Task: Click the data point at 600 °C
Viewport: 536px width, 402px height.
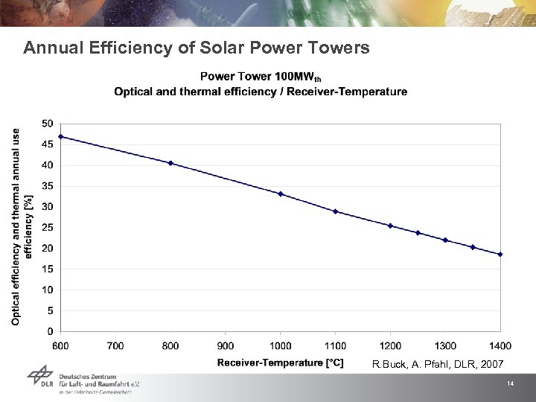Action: (61, 136)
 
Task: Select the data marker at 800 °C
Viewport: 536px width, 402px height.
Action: (170, 163)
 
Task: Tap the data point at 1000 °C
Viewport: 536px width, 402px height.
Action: (281, 194)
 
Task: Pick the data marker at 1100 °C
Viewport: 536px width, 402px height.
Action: (336, 211)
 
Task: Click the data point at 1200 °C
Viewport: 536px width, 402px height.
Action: (390, 226)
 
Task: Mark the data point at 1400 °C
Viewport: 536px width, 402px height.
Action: (500, 254)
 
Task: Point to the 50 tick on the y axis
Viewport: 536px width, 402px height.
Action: (46, 123)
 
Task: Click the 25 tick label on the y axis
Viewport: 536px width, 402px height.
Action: (46, 227)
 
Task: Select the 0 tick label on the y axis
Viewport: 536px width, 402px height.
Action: (49, 331)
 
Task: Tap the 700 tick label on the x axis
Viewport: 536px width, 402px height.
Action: (115, 345)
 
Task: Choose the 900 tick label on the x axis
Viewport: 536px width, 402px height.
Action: (226, 345)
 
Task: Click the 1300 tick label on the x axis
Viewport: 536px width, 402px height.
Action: (445, 345)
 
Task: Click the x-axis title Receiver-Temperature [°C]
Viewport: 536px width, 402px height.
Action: (280, 363)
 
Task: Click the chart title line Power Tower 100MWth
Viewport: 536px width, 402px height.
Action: (261, 77)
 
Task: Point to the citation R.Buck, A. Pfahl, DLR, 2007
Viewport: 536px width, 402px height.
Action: (437, 364)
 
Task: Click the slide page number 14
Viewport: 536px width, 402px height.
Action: (511, 383)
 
